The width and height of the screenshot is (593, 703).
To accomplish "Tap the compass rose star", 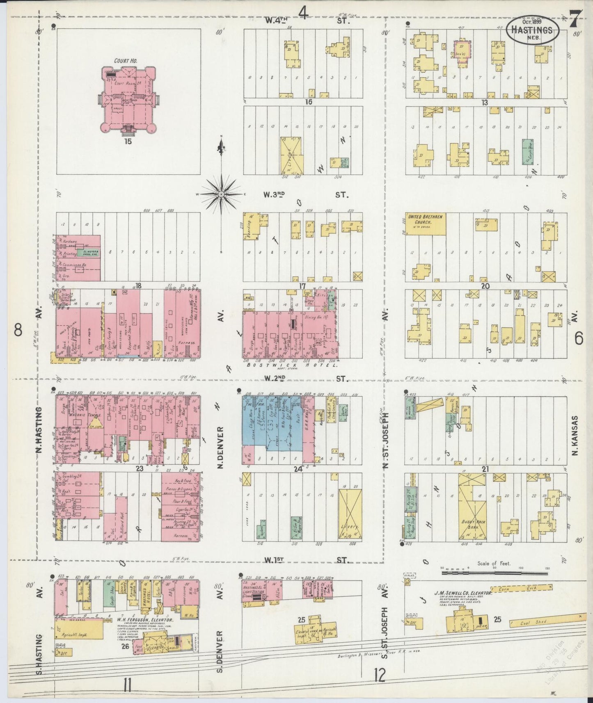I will click(222, 194).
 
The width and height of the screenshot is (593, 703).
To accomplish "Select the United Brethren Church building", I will click(426, 224).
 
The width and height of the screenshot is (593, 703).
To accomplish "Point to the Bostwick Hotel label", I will click(291, 365).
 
